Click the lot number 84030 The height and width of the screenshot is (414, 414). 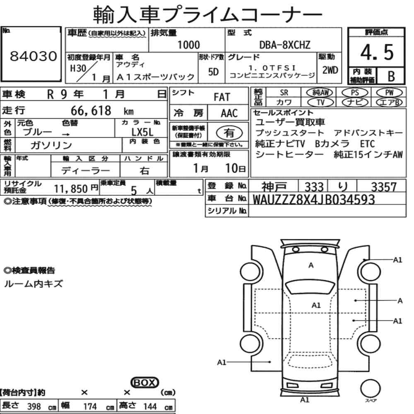(33, 57)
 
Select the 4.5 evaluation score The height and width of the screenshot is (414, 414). (376, 53)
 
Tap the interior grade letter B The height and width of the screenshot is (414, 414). (390, 76)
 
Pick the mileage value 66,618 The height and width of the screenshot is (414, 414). (91, 111)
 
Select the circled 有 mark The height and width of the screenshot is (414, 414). (229, 132)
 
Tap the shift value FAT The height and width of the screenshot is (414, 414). (221, 97)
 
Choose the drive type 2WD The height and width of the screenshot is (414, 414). (330, 70)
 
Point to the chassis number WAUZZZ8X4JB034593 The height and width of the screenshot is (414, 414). (313, 200)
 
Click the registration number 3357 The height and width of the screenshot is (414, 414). (383, 187)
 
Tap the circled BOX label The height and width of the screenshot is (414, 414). (144, 383)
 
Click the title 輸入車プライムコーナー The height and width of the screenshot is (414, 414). (207, 15)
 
